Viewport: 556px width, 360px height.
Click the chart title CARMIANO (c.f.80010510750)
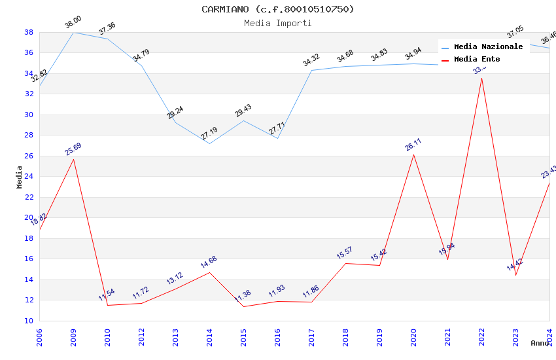278,9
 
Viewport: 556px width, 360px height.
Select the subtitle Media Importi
278,23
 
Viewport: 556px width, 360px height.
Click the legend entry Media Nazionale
488,47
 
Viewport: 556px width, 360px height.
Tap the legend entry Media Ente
477,60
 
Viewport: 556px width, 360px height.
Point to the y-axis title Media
20,177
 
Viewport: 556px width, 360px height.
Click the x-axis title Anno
540,343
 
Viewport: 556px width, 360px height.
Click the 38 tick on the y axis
29,32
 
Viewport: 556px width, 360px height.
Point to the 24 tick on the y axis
29,177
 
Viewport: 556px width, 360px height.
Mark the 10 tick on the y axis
29,321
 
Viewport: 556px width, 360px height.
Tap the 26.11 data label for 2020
413,145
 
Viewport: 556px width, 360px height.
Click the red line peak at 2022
481,78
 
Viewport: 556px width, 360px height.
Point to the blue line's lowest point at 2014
209,143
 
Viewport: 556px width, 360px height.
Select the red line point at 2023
515,275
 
